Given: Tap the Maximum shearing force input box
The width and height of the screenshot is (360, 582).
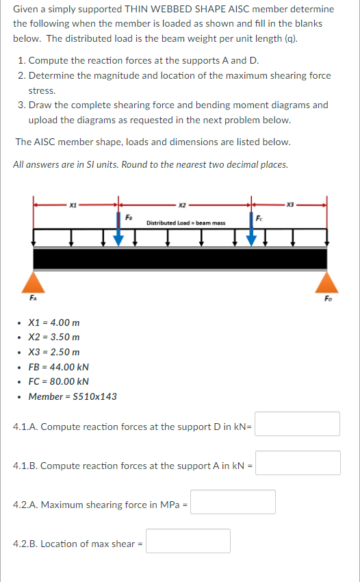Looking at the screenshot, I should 233,502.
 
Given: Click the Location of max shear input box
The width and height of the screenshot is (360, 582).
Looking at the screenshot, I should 188,541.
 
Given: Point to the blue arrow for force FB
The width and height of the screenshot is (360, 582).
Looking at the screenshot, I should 119,233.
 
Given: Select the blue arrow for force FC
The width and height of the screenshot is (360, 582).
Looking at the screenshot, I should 251,233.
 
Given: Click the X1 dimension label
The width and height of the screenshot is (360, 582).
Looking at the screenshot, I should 73,204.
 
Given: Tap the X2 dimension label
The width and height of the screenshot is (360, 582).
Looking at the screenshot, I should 183,204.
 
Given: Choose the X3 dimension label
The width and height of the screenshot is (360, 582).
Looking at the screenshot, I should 290,204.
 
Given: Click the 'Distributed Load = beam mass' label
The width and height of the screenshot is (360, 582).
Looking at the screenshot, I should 185,223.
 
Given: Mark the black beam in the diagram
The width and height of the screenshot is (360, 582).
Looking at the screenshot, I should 180,259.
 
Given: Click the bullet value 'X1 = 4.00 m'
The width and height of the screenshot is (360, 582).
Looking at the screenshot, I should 54,322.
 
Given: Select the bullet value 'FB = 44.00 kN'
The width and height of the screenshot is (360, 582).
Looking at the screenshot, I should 58,367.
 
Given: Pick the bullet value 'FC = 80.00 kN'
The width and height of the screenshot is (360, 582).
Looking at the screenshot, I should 58,381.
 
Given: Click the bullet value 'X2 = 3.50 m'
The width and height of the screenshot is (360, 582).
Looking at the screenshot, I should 54,337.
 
